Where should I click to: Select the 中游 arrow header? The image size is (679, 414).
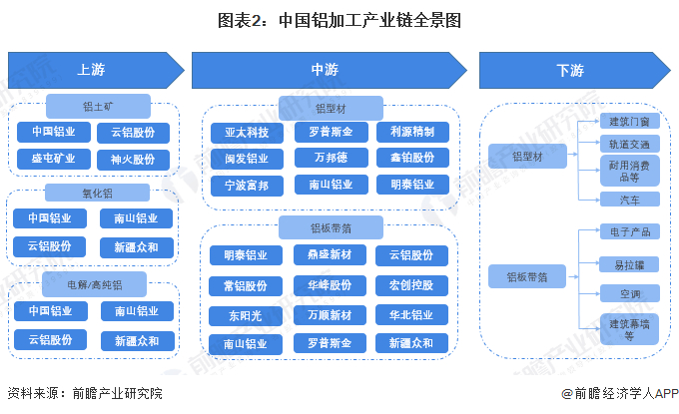[x=330, y=70]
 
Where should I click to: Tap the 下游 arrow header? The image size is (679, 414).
[x=569, y=70]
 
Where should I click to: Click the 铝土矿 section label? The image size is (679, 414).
[x=97, y=106]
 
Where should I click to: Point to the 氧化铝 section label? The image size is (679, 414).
[x=97, y=192]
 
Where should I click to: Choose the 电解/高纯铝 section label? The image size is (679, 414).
[x=97, y=284]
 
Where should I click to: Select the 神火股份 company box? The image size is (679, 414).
[x=133, y=159]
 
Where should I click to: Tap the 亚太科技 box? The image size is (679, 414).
[x=246, y=132]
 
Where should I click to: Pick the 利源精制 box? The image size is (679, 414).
[x=411, y=132]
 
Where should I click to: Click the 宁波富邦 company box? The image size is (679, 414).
[x=246, y=185]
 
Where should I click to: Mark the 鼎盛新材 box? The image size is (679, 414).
[x=330, y=255]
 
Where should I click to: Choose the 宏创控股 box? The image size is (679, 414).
[x=411, y=285]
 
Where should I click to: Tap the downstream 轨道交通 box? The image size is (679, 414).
[x=629, y=144]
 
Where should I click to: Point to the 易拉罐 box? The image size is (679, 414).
[x=629, y=263]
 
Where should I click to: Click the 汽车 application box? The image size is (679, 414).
[x=629, y=200]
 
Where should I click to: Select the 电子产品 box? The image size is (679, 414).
[x=629, y=231]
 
